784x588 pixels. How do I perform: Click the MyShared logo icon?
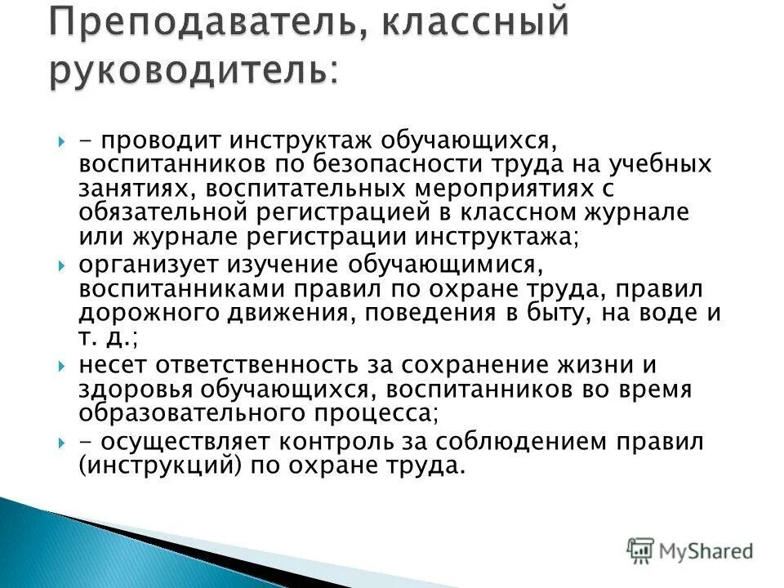pyautogui.click(x=642, y=550)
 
